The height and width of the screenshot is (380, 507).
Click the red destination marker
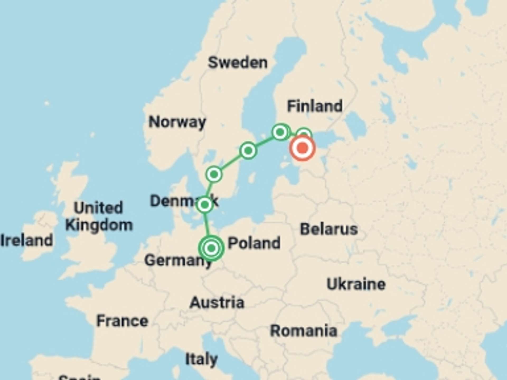[x=302, y=148]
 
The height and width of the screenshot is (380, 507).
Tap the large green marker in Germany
[x=211, y=248]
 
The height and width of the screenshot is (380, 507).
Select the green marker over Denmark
[x=205, y=205]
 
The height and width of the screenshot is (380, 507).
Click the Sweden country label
[x=238, y=63]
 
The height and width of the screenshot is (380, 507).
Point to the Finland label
[x=315, y=106]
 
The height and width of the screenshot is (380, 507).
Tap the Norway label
[x=177, y=122]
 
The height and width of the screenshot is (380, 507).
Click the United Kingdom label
[x=99, y=216]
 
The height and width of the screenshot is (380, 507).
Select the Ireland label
[x=27, y=240]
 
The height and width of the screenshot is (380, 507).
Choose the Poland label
[x=254, y=243]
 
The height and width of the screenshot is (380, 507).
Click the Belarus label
[x=329, y=229]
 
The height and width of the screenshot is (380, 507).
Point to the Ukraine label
[x=356, y=284]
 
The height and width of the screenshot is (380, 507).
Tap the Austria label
[x=217, y=303]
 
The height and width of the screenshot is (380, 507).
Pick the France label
[x=122, y=321]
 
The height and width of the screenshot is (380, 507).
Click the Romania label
[x=304, y=331]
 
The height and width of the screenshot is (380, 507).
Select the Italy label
[x=201, y=359]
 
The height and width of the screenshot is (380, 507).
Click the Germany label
[x=178, y=260]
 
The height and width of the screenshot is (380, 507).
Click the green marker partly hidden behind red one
[x=304, y=132]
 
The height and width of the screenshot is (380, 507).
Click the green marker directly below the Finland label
[x=280, y=132]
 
